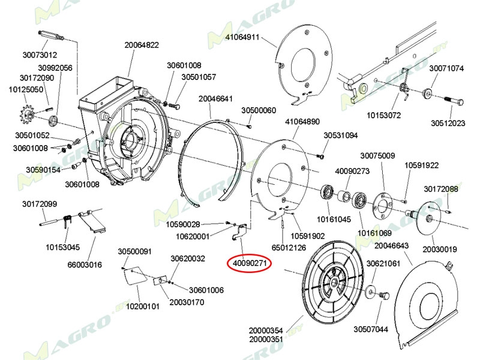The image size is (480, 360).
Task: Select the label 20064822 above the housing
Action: [142, 44]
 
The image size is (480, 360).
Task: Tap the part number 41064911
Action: [242, 37]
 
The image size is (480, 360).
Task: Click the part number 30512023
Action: [448, 124]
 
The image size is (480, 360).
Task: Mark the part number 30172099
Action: [40, 204]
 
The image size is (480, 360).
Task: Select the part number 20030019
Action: [440, 249]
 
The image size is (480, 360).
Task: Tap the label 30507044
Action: [370, 329]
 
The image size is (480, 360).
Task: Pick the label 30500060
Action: [259, 110]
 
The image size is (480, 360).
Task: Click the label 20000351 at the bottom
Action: [266, 339]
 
